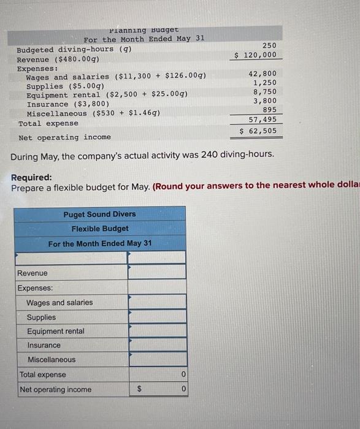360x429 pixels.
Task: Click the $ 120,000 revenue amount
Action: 256,55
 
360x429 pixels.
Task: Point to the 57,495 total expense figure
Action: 262,120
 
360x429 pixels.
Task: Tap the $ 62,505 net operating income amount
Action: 258,131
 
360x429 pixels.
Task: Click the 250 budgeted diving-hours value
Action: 269,45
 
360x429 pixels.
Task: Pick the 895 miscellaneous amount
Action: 269,110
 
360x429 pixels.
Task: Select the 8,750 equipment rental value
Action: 264,91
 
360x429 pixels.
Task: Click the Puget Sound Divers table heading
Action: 99,214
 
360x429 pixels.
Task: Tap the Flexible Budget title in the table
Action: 99,229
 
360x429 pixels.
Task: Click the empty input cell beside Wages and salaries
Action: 156,302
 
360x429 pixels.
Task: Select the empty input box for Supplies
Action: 156,317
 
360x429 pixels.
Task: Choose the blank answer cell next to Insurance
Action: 156,345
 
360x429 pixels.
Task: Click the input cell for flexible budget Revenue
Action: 156,273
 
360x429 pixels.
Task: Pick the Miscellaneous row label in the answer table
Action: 52,360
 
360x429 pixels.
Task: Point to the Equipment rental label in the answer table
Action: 56,331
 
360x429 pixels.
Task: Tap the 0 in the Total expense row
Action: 182,374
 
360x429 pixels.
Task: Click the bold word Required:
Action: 31,178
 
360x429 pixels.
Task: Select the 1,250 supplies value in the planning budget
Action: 264,83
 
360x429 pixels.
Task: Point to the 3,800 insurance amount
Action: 264,101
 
